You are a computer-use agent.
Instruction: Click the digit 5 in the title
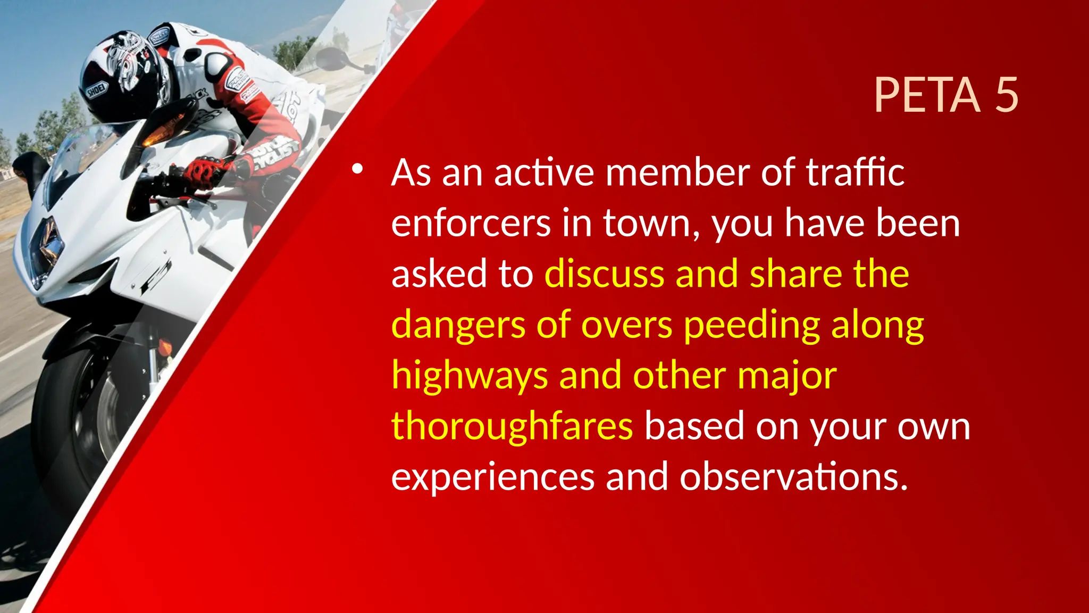click(1006, 95)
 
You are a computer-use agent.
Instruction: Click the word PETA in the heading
click(927, 95)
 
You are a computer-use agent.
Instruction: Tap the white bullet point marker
click(357, 170)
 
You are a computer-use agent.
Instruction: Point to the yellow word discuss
click(604, 274)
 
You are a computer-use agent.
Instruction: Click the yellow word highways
click(469, 376)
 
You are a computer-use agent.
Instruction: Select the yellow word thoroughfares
click(512, 427)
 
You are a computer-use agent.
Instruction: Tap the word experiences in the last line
click(492, 477)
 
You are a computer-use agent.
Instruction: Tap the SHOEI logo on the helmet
click(97, 91)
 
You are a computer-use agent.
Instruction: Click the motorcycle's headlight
click(45, 250)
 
